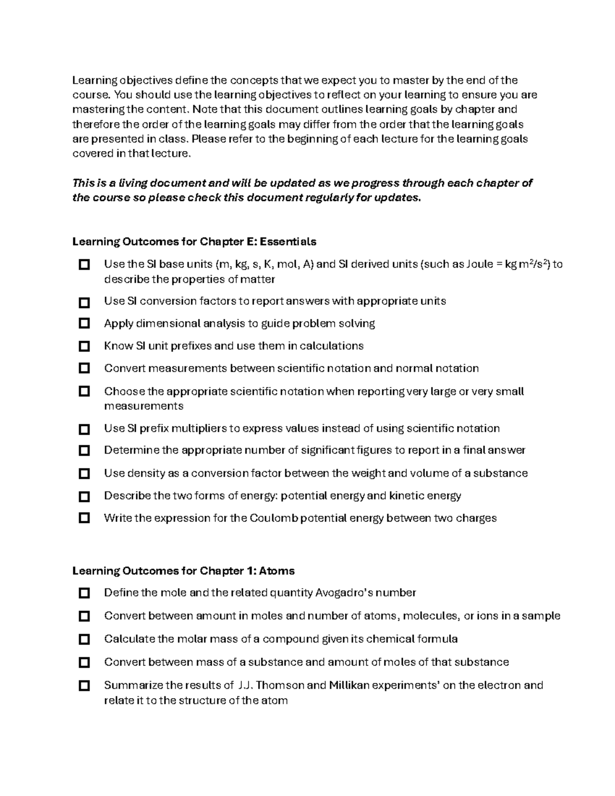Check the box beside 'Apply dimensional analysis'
click(x=84, y=323)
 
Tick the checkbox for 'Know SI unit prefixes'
click(x=84, y=346)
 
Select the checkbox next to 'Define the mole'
click(x=84, y=593)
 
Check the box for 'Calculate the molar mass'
click(x=84, y=639)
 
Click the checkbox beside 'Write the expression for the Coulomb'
click(x=84, y=518)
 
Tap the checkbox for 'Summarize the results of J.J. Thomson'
click(x=84, y=685)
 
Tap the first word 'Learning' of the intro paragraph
click(x=94, y=80)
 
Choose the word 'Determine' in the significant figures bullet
click(x=132, y=450)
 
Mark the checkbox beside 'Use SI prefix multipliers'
click(x=84, y=428)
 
